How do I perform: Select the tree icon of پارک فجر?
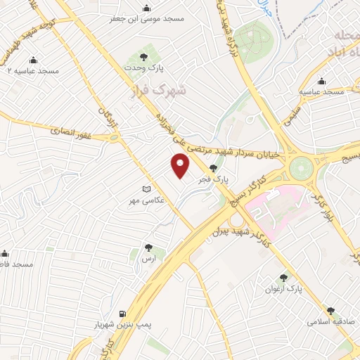coord(214,167)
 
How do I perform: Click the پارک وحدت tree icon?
coord(143,56)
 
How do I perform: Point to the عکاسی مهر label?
coord(146,201)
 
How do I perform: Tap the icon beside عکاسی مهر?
coord(146,190)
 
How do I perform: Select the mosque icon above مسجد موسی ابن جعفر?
coord(146,8)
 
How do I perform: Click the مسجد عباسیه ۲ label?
coord(32,72)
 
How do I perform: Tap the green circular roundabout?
coord(301,168)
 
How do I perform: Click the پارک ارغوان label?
coord(283,289)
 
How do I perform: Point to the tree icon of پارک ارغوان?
coord(284,278)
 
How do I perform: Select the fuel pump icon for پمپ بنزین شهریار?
coord(124,314)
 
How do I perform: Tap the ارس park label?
coord(148,259)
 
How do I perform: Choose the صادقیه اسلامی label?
coord(329,321)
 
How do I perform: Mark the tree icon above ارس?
coord(148,247)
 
